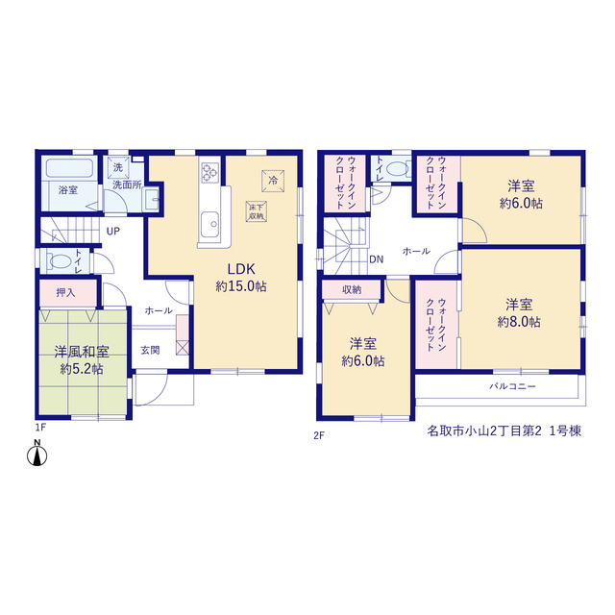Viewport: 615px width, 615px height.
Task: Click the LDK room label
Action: (241, 269)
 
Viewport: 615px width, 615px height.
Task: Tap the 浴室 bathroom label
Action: (68, 190)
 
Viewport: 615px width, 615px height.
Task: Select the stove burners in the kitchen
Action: (209, 173)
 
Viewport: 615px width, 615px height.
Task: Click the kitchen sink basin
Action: (209, 224)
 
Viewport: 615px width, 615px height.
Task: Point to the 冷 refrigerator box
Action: (273, 181)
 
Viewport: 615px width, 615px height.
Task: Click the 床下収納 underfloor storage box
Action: (257, 211)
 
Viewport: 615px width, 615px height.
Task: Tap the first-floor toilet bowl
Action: (59, 260)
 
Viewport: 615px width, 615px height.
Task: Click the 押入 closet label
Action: (65, 292)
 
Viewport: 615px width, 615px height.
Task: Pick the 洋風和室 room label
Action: (82, 352)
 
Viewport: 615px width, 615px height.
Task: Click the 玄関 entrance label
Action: (150, 350)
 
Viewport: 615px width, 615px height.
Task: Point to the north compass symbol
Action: (37, 454)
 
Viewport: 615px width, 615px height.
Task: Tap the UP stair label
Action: (113, 232)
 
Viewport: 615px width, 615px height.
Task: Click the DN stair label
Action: (376, 259)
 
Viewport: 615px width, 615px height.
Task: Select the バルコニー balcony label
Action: (512, 386)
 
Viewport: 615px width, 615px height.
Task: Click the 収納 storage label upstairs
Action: (352, 289)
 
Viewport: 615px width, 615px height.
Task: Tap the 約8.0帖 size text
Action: (519, 322)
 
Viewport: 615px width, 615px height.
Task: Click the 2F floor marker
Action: (319, 435)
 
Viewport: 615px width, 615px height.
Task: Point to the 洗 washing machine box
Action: (118, 168)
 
